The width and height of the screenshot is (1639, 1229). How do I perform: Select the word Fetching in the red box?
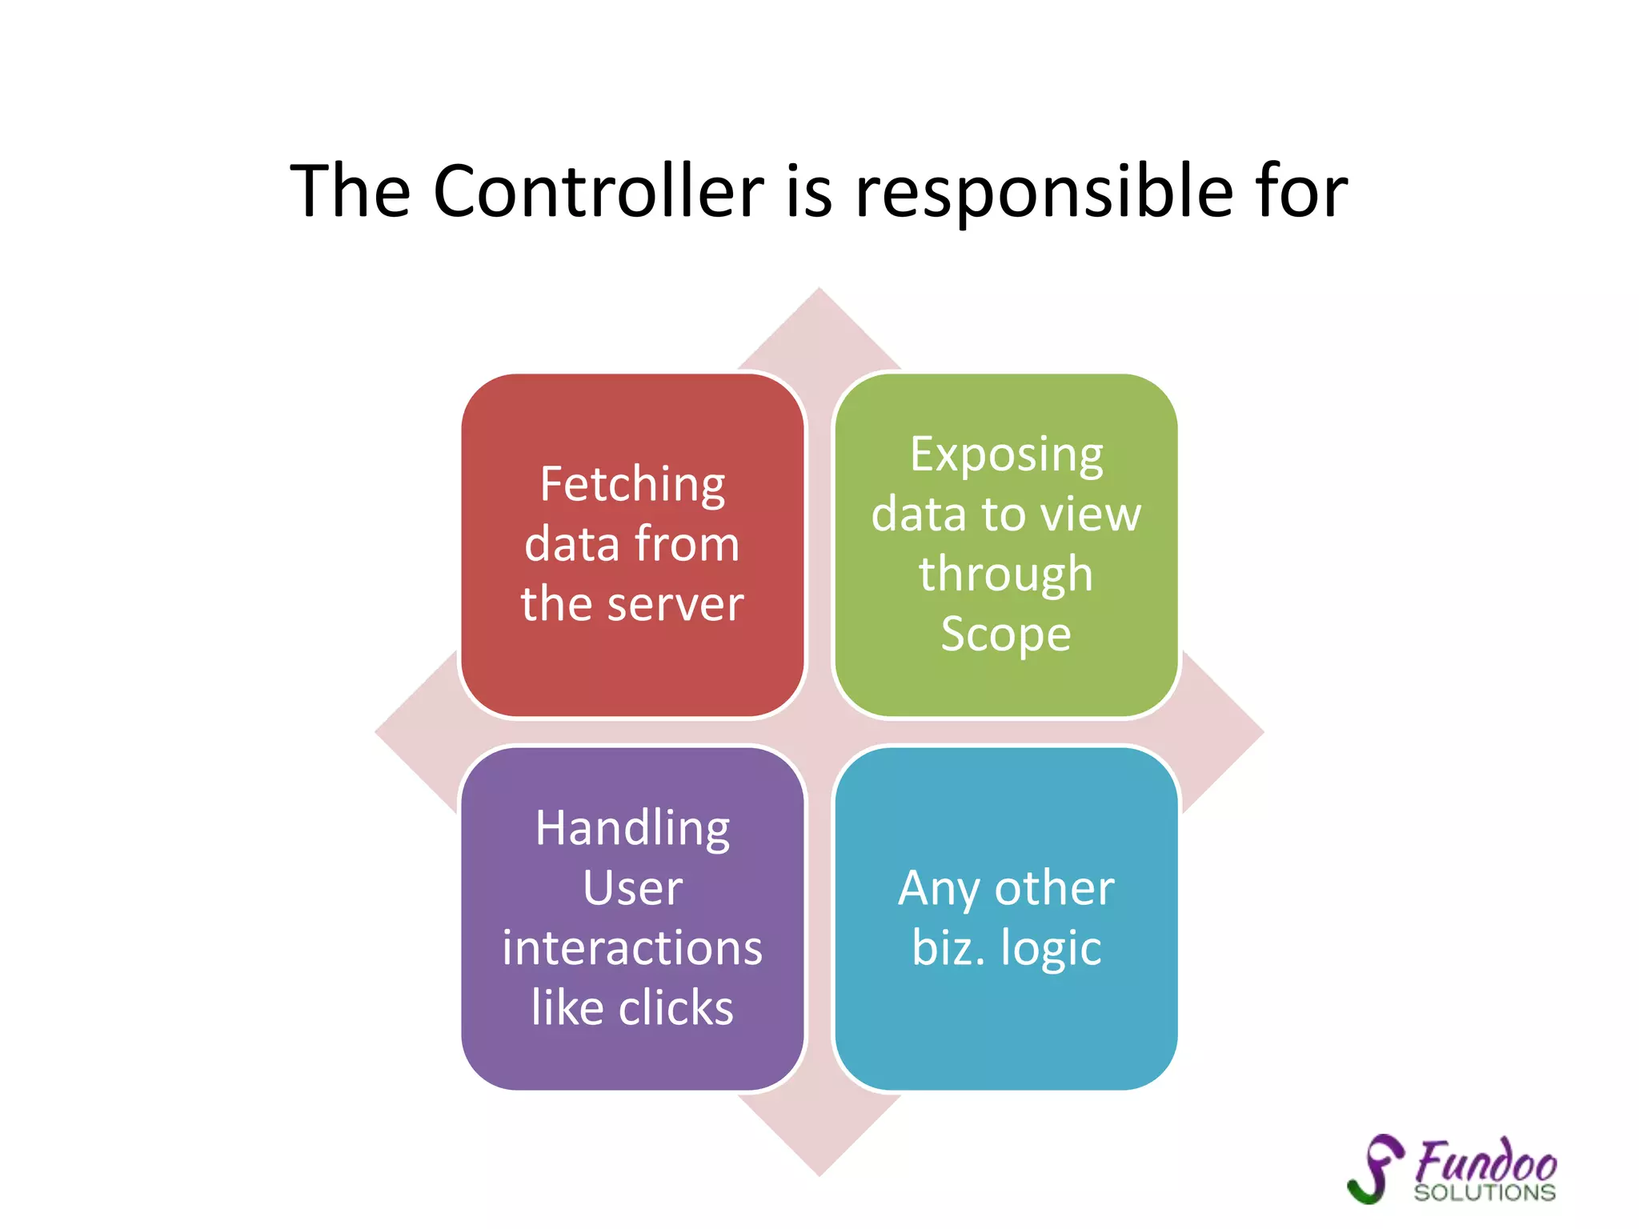pyautogui.click(x=632, y=486)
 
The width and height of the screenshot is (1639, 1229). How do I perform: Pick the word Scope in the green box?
pyautogui.click(x=1006, y=635)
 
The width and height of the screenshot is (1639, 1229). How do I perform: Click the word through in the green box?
pyautogui.click(x=1006, y=574)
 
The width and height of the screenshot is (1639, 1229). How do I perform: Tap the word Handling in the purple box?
pyautogui.click(x=632, y=829)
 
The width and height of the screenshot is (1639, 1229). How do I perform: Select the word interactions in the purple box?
pyautogui.click(x=632, y=948)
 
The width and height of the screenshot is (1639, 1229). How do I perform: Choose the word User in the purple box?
pyautogui.click(x=632, y=888)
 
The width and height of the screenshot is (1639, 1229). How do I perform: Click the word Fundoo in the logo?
pyautogui.click(x=1486, y=1162)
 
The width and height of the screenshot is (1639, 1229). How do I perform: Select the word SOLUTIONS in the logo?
pyautogui.click(x=1485, y=1193)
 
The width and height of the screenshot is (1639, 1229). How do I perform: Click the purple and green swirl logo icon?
pyautogui.click(x=1376, y=1168)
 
